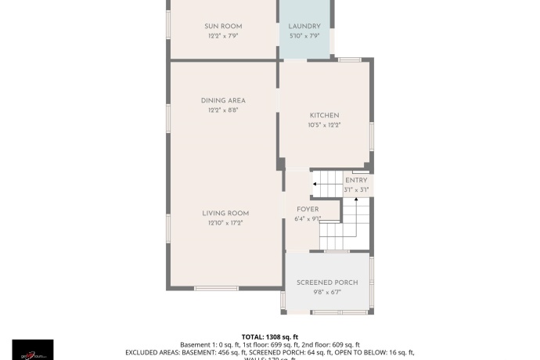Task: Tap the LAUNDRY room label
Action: coord(305,27)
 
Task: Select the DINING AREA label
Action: coord(223,100)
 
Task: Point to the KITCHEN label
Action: coord(324,116)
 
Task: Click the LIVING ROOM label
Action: coord(225,214)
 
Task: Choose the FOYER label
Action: coord(307,210)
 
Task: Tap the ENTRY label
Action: coord(356,181)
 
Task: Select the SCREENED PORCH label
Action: coord(327,283)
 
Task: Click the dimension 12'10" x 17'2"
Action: coord(225,224)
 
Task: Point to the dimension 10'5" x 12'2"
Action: coord(324,125)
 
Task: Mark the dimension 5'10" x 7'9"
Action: coord(305,36)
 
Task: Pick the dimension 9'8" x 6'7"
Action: coord(327,293)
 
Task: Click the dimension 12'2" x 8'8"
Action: coord(223,110)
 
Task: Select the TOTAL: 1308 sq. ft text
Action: coord(269,336)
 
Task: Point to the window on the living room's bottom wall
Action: coord(216,288)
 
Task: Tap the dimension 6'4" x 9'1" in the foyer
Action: coord(307,219)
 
